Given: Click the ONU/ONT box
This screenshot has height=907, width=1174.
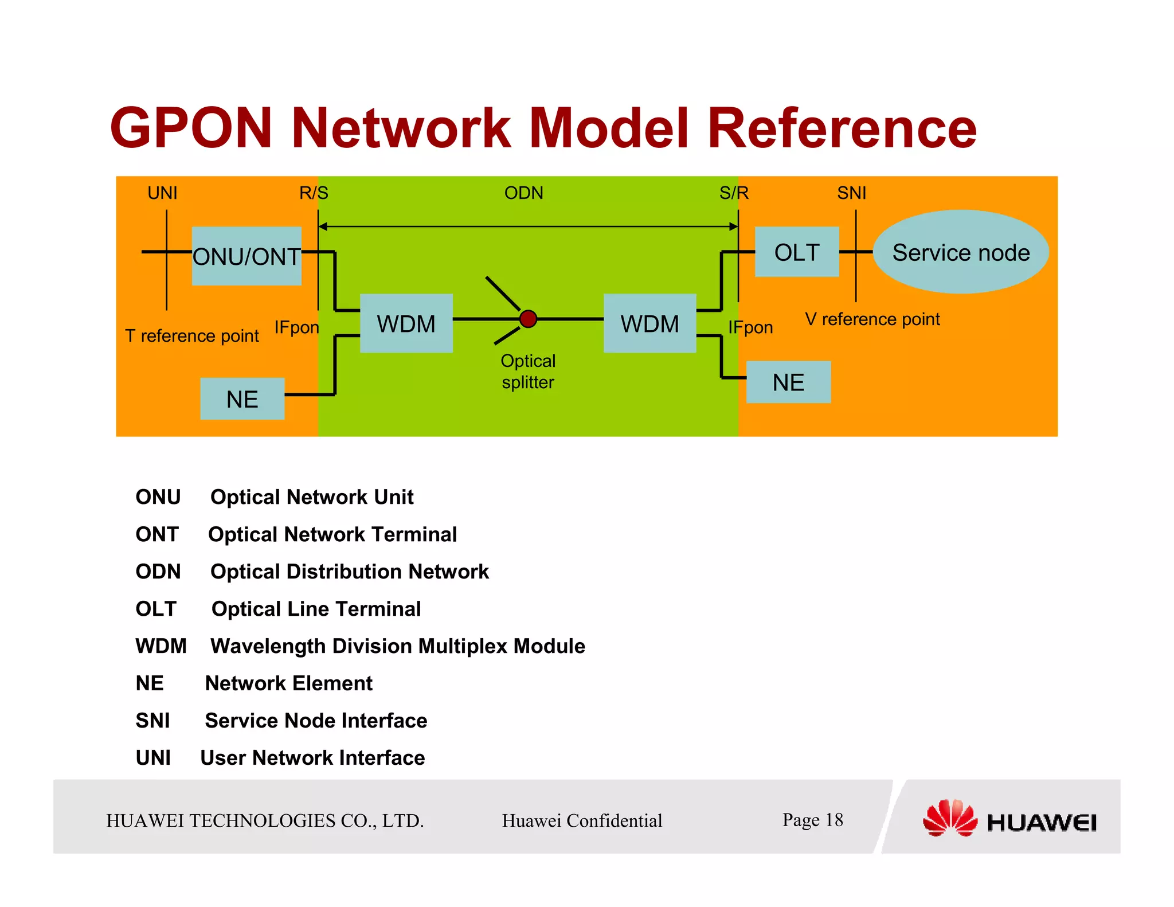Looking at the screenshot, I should coord(246,256).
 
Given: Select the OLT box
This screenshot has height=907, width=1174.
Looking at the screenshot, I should coord(796,252).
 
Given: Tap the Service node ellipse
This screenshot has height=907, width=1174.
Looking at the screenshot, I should coord(960,252).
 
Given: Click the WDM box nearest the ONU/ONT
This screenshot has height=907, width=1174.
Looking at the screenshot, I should coord(406,323).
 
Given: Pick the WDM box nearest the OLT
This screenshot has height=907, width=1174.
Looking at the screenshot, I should coord(649,323).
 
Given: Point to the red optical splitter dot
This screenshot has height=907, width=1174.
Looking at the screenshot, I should coord(528,319).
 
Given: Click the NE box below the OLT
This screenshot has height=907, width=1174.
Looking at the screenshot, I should coord(788,382).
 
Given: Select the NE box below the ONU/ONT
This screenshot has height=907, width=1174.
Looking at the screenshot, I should coord(242,399).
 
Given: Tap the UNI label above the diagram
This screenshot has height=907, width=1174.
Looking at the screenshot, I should coord(162,193).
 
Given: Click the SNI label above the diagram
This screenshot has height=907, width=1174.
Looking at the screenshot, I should coord(851,193).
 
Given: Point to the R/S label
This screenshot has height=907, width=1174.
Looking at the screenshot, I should coord(314,193).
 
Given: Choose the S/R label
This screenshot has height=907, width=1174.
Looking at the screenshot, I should coord(734,193).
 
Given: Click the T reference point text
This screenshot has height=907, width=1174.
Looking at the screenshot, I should coord(192,335).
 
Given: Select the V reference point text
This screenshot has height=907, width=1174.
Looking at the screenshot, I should coord(872,319).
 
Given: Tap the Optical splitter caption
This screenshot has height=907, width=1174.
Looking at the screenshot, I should coord(528,372).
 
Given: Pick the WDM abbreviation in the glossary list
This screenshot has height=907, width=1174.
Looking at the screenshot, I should coord(161,646).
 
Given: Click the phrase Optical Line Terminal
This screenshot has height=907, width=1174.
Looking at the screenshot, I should coord(316,609).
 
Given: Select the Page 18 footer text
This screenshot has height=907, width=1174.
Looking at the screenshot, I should coord(812,820).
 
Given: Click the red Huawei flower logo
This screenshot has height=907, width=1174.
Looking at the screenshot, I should coord(950,818).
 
